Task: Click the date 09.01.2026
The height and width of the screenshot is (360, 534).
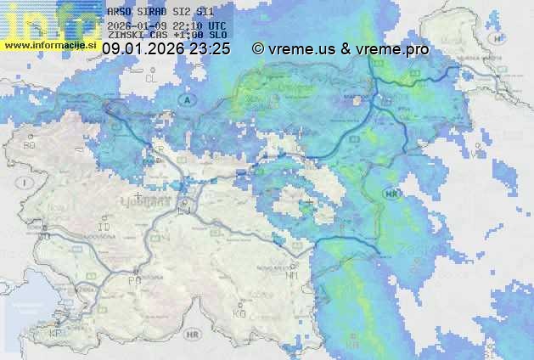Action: click(x=143, y=49)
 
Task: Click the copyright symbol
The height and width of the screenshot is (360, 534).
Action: click(x=258, y=49)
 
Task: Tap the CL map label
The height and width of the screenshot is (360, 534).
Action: click(x=152, y=78)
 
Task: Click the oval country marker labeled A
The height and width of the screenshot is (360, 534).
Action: click(x=184, y=99)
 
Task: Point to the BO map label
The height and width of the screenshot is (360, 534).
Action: click(x=29, y=145)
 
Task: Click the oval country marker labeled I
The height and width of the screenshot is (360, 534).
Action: click(x=27, y=183)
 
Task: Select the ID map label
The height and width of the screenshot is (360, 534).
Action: click(x=104, y=228)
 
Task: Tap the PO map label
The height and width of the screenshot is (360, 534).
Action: click(x=133, y=280)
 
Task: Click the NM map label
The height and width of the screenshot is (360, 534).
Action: click(x=293, y=275)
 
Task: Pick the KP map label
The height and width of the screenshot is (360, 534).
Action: click(x=56, y=335)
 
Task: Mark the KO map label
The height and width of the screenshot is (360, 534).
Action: click(x=239, y=314)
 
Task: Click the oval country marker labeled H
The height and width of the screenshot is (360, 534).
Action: click(x=498, y=38)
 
